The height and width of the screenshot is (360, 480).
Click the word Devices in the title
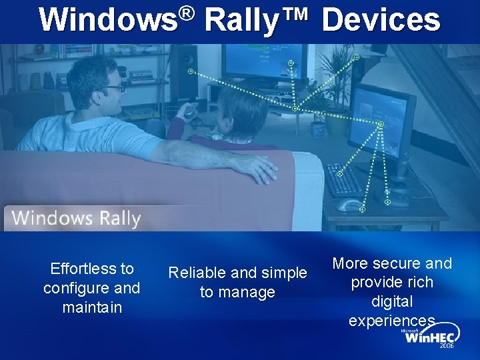point(381,20)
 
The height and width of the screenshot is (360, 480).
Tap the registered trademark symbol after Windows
point(187,13)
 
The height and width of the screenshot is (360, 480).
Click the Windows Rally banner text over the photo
point(76,218)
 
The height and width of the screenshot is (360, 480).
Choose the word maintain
point(92,307)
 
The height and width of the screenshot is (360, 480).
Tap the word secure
point(397,263)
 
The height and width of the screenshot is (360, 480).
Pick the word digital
point(392,301)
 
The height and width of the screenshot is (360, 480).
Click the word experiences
point(392,321)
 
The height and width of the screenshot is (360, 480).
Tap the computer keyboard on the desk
point(345,179)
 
